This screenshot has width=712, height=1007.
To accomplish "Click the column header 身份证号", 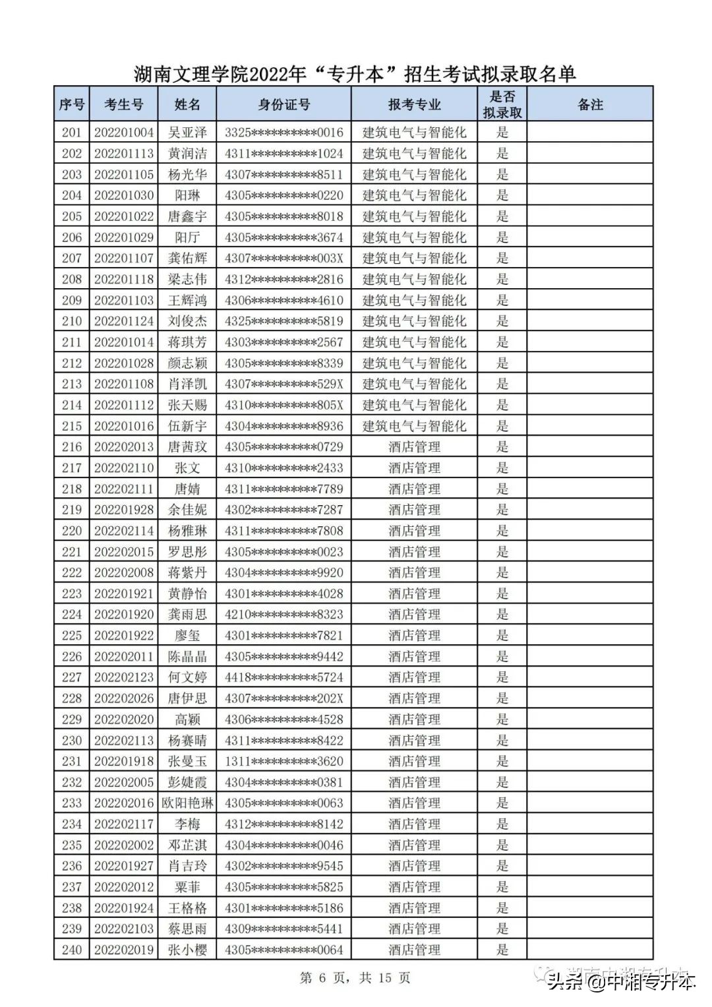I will (x=283, y=104).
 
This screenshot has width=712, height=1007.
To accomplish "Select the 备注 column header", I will (x=590, y=104).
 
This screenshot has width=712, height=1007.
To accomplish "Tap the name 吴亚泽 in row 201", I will (x=187, y=133).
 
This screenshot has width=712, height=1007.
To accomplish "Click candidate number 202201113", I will (x=123, y=154).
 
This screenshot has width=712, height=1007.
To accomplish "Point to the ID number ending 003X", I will (x=283, y=259).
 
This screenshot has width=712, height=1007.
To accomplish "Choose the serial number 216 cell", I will (x=72, y=447).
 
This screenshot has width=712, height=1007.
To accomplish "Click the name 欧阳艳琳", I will (x=187, y=803).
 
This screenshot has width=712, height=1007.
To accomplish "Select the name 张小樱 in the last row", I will (x=187, y=950).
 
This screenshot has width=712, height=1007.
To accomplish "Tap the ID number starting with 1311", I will (x=283, y=761).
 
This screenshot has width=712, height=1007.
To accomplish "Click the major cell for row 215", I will (x=414, y=426).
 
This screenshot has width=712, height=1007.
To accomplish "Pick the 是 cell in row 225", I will (x=502, y=636).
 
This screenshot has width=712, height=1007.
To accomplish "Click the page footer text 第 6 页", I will (x=324, y=977).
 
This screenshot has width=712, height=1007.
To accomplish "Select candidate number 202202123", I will (x=123, y=677).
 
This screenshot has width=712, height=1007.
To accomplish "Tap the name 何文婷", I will (x=187, y=677).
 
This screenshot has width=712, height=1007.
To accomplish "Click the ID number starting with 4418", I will (x=283, y=677).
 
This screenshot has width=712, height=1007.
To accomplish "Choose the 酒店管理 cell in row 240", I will (x=414, y=950).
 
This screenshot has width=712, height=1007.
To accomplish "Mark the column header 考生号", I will (x=123, y=104).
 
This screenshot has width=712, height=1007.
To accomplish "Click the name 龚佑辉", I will (x=187, y=259).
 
